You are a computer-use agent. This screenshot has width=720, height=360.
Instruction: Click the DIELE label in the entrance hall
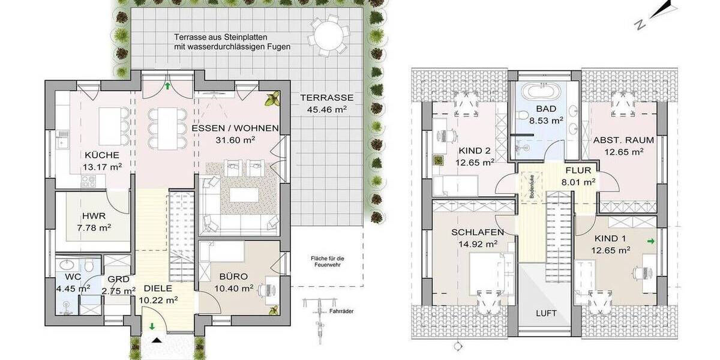tap(158, 287)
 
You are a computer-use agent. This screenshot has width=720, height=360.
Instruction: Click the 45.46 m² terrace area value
tap(327, 110)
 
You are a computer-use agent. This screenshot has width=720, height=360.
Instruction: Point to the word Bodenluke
tap(530, 186)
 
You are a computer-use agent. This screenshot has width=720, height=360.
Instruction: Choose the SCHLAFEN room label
tap(478, 232)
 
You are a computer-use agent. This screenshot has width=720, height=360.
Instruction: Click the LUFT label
tap(547, 313)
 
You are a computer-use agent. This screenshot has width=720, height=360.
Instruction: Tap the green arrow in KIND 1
tap(650, 242)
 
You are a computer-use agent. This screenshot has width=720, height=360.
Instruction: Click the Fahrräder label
tap(341, 312)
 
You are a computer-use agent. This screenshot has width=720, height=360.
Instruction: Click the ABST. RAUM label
tap(623, 140)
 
